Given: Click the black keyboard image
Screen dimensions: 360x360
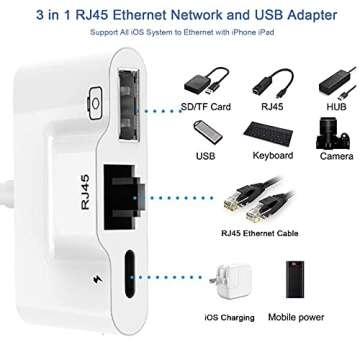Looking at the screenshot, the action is tap(267, 133).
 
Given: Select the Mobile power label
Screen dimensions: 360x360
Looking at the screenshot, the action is tap(297, 317).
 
